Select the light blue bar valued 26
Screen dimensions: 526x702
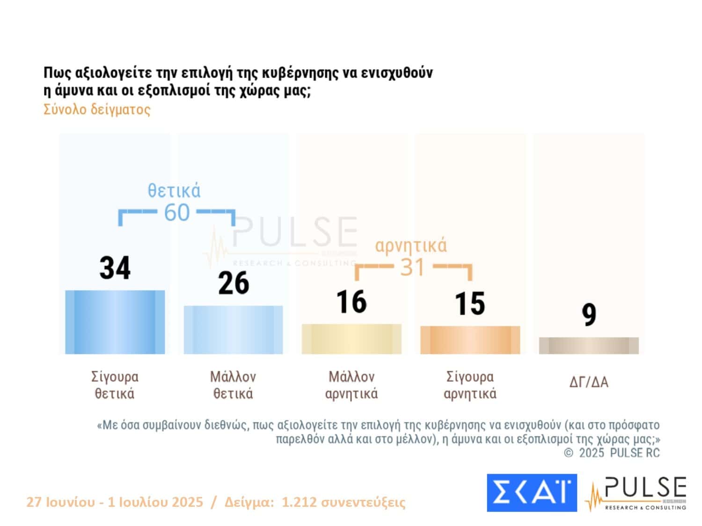(233, 330)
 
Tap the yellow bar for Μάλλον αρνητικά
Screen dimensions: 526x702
(351, 339)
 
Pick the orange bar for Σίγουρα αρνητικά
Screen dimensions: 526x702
(470, 339)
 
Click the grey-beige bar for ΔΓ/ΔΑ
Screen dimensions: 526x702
(589, 346)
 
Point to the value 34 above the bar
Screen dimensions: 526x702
(115, 268)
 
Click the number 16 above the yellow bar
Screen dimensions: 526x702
(351, 302)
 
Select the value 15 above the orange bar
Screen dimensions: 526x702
(470, 303)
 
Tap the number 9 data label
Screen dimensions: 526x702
(589, 314)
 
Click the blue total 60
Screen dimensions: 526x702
(176, 212)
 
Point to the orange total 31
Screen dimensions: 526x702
(412, 267)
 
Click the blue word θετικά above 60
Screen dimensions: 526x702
(174, 191)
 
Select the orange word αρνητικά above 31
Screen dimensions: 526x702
(411, 245)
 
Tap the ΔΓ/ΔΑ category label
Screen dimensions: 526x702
(589, 382)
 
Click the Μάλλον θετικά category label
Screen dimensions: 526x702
(233, 385)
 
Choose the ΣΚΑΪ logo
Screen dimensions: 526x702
(532, 492)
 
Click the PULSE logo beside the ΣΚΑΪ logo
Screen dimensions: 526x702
(637, 493)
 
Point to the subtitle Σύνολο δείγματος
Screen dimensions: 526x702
(97, 109)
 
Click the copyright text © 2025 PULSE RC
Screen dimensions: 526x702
(612, 453)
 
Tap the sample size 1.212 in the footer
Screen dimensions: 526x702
(295, 502)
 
